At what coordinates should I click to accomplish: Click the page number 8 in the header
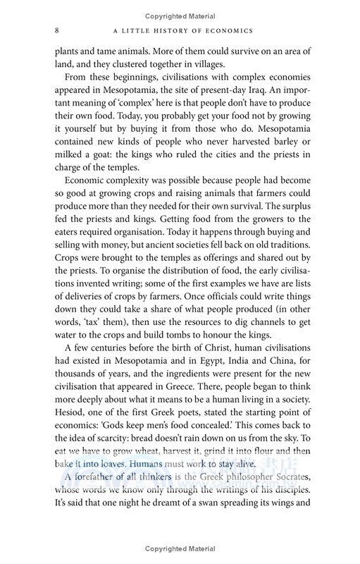pyautogui.click(x=56, y=30)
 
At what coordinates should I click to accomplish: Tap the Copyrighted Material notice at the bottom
pyautogui.click(x=180, y=548)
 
